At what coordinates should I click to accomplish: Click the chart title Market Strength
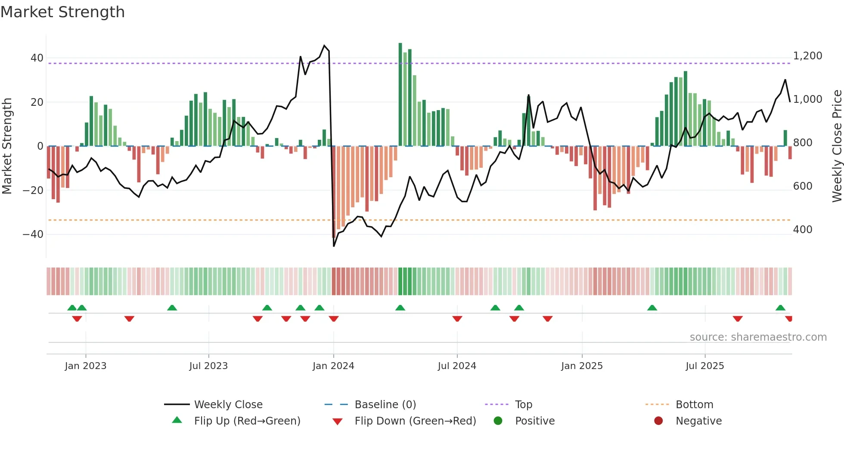coord(63,12)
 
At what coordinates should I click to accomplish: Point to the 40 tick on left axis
coord(37,58)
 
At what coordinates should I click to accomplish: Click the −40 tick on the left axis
coord(34,234)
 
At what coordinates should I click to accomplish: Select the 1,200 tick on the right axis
coord(807,56)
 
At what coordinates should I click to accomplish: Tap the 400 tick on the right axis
coord(803,230)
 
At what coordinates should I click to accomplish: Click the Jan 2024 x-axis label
coord(333,366)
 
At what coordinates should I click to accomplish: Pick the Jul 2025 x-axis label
coord(704,366)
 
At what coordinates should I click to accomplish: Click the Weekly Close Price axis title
coord(837,146)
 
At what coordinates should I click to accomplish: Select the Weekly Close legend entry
coord(228,405)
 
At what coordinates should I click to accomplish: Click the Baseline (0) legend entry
coord(385,405)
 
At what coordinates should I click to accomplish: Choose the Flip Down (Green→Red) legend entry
coord(415,421)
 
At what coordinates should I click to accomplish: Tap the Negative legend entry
coord(698,421)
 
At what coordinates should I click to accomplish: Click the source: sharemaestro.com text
coord(758,337)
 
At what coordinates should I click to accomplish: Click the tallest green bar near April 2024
coord(400,95)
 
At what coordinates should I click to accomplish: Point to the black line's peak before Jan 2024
coord(324,45)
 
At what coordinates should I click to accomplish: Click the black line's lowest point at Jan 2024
coord(334,246)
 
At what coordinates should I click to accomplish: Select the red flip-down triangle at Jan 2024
coord(334,319)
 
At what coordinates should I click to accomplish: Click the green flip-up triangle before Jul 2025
coord(652,308)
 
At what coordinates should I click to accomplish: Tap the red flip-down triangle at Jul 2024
coord(457,319)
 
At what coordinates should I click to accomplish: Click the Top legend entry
coord(523,405)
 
